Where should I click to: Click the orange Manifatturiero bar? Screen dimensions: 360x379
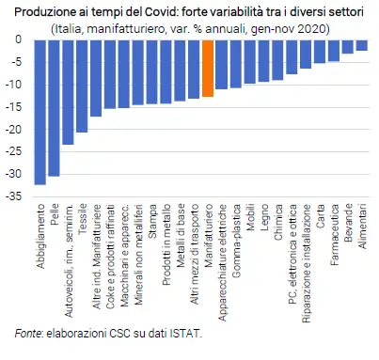(208, 68)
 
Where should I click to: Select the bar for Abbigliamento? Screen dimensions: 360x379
(39, 112)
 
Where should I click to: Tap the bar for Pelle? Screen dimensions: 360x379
(54, 107)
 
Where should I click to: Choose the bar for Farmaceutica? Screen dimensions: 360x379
(334, 50)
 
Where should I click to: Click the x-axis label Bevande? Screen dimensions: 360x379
(349, 220)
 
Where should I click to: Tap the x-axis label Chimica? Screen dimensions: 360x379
(278, 220)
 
